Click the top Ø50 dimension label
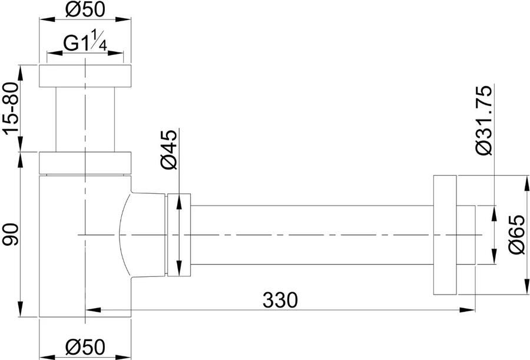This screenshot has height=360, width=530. click(85, 9)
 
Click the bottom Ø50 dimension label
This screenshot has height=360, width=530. click(85, 347)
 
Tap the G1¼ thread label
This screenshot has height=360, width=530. click(85, 42)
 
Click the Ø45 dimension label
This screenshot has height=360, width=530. click(169, 149)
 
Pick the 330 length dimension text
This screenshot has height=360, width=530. click(280, 300)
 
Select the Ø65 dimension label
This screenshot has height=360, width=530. click(518, 235)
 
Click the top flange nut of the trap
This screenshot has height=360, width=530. click(85, 76)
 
